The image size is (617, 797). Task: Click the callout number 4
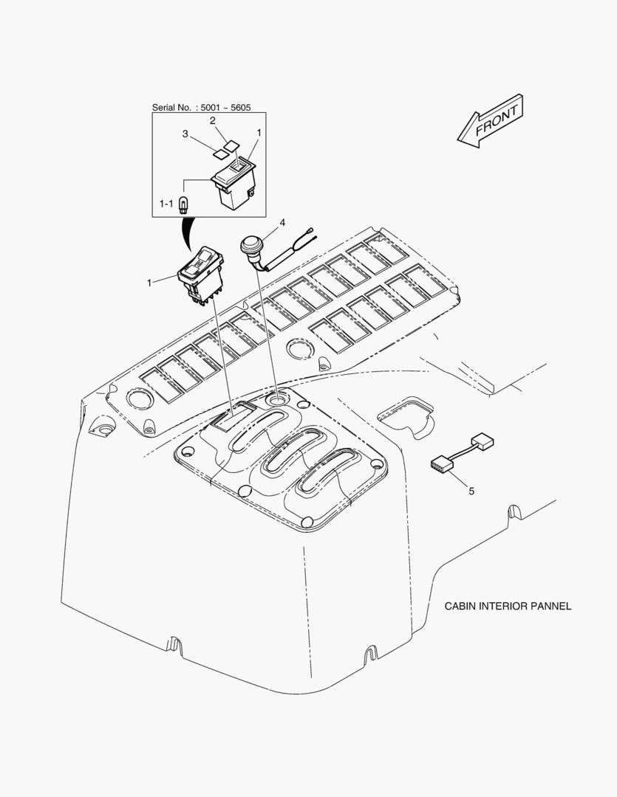[282, 223]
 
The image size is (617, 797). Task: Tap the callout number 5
[471, 491]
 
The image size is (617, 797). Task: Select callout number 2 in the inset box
[213, 120]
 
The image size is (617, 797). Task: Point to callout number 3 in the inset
[185, 134]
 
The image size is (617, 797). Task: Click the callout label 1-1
[166, 204]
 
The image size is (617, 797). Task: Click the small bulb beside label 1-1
[183, 204]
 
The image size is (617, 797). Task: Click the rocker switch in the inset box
[234, 182]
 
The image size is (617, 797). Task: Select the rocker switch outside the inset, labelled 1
[200, 275]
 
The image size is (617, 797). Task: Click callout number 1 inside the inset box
[259, 132]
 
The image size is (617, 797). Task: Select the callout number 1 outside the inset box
[149, 283]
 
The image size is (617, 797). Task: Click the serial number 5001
[211, 108]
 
